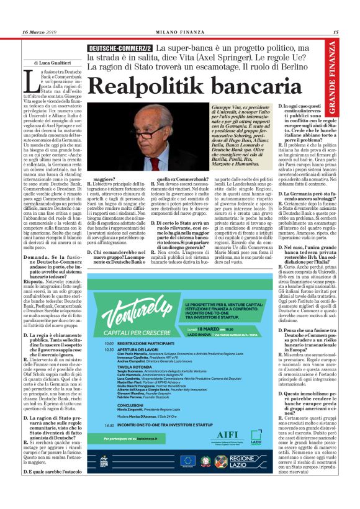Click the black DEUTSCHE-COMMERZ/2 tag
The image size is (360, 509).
121,48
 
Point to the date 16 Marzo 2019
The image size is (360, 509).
38,32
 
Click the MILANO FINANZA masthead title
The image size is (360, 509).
179,32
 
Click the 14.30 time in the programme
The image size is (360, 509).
109,425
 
